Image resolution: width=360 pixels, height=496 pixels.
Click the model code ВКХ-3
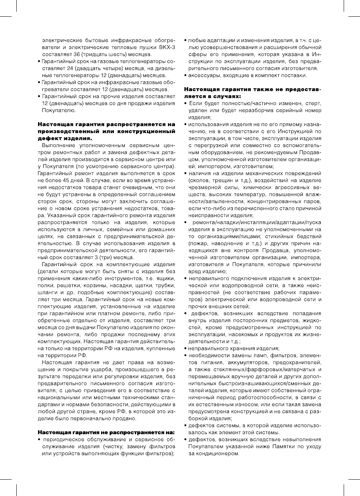click(x=167, y=47)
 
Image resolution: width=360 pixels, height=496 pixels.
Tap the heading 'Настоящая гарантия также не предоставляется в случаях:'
click(x=253, y=93)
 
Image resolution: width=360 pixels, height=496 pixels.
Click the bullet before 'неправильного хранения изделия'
click(x=186, y=349)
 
